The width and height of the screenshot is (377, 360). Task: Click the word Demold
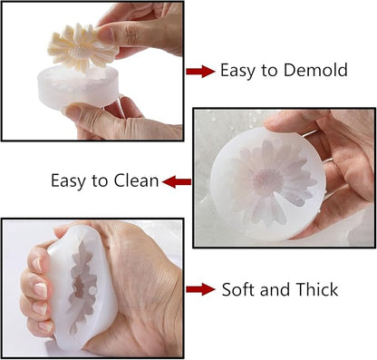coord(315,70)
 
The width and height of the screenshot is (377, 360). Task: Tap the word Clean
coord(136,180)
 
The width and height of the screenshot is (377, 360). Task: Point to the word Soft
coord(239,289)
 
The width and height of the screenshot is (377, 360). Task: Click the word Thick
coord(317,289)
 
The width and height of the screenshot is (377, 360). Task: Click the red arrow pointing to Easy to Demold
coord(200,72)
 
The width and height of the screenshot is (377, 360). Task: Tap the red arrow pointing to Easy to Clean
coord(177,182)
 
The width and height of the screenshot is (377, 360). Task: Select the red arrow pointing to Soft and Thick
coord(200,289)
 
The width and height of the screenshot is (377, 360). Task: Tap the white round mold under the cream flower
coord(78,88)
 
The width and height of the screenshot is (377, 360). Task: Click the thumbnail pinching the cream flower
coord(105,34)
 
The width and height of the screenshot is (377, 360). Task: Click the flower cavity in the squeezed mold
coord(82,287)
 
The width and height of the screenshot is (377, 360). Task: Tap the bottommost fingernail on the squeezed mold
coord(46,326)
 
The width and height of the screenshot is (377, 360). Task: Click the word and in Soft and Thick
coord(276,289)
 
